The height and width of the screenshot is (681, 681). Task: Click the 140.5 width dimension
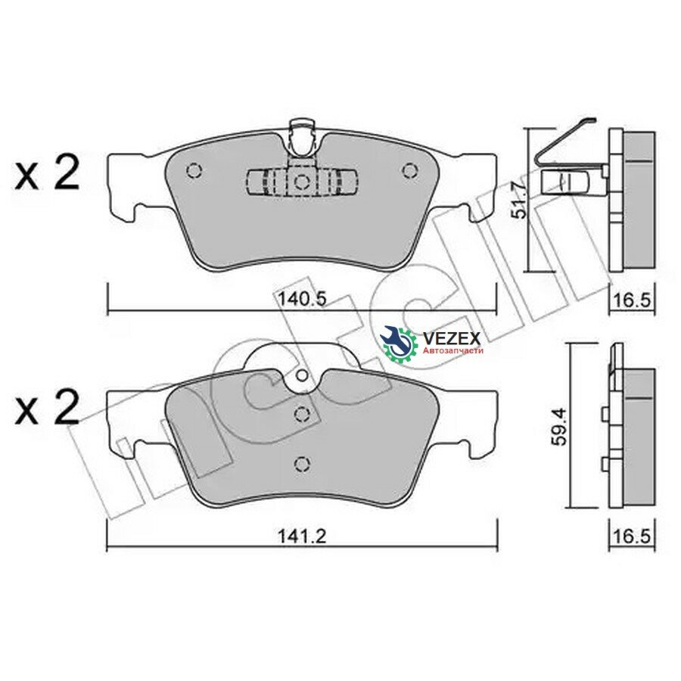[x=302, y=299]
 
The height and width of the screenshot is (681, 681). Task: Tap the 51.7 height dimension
[x=518, y=200]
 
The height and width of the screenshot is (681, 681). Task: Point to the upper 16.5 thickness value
[x=633, y=299]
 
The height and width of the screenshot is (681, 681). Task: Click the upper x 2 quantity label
[x=48, y=174]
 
